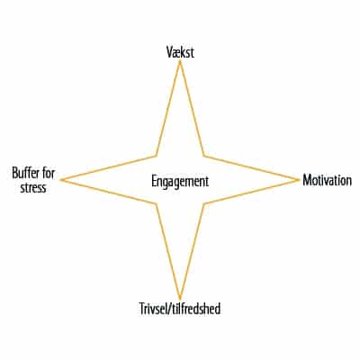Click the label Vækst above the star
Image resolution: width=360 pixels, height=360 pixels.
[x=180, y=52]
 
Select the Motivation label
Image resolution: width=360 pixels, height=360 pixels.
[x=327, y=180]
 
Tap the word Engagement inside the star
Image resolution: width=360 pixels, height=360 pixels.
[x=180, y=182]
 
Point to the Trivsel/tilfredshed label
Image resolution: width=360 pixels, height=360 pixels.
[x=180, y=309]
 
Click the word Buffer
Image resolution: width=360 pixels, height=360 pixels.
[x=26, y=173]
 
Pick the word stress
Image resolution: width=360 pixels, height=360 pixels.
[x=33, y=188]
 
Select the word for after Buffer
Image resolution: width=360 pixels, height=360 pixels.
[x=49, y=173]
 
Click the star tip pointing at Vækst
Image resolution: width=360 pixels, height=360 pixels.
[x=180, y=61]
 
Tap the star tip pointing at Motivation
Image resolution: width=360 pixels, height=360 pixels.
[x=299, y=180]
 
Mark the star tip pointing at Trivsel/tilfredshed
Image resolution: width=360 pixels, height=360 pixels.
[x=180, y=299]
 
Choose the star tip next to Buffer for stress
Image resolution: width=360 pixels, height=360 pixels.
[x=61, y=180]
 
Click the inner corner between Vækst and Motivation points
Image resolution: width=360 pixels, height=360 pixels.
[x=204, y=156]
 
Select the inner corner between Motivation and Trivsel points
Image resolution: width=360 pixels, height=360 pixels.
[x=204, y=204]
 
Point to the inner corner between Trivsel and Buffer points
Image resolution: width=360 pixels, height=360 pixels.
[x=156, y=204]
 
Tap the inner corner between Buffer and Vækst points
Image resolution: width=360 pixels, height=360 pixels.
[x=156, y=156]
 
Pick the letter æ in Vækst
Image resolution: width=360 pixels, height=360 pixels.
[x=176, y=53]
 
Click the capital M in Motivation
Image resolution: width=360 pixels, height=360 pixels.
[x=307, y=180]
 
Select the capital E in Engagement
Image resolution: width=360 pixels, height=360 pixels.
[x=154, y=182]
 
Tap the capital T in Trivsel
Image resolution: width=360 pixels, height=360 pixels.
[x=142, y=309]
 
